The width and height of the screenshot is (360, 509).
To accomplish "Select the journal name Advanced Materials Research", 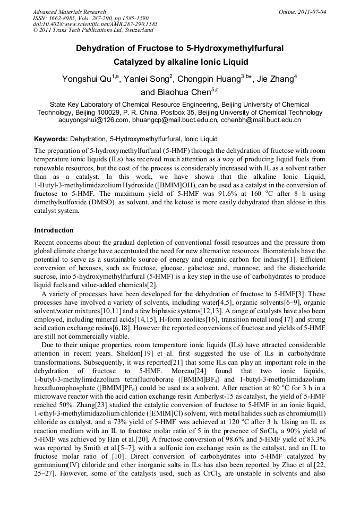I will point(69,12).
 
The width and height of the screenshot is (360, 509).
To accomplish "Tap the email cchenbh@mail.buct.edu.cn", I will point(260,120).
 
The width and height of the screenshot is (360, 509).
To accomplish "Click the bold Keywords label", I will point(50,139).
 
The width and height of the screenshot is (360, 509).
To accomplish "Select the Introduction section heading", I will point(54,230).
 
